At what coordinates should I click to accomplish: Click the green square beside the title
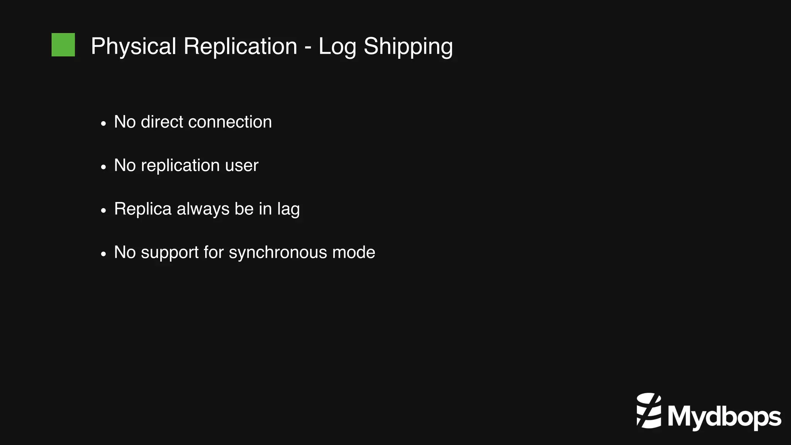coord(63,45)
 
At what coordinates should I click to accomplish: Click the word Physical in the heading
coord(134,46)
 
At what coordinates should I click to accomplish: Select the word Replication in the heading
coord(240,46)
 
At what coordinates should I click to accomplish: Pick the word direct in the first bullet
coord(162,122)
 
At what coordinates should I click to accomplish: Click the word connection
coord(230,122)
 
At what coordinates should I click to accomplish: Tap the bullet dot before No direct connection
coord(103,124)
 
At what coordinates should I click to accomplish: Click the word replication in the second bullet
coord(180,166)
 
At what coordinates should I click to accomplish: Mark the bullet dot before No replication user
coord(103,167)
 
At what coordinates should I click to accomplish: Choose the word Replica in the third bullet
coord(143,209)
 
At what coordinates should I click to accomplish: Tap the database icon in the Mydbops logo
coord(648,410)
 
